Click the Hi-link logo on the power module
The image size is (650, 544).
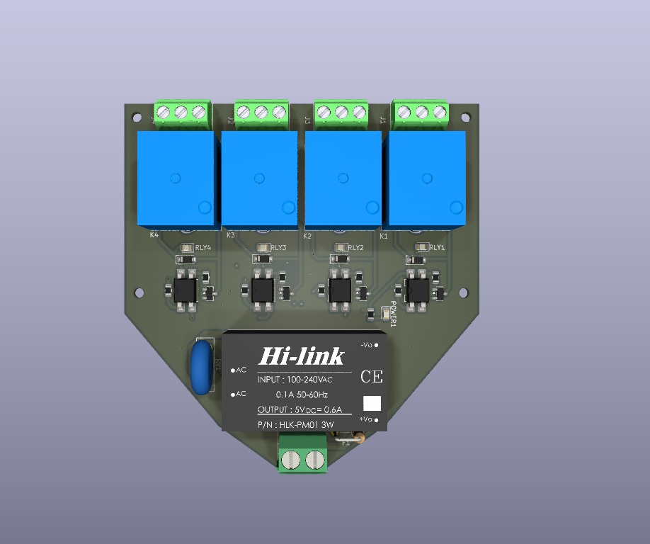click(302, 356)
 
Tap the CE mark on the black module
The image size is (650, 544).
click(372, 377)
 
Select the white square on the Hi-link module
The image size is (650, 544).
click(372, 403)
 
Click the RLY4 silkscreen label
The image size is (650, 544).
click(203, 248)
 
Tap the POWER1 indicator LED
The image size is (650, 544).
click(385, 312)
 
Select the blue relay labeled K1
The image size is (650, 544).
click(426, 180)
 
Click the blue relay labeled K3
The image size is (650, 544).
click(260, 180)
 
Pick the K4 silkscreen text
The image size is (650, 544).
click(154, 235)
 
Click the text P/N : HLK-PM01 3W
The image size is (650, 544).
click(296, 425)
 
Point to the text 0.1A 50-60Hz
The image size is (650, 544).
click(302, 395)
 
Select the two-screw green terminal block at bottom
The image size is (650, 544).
click(302, 454)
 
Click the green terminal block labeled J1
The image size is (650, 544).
click(422, 113)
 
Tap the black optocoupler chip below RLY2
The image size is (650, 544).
click(340, 290)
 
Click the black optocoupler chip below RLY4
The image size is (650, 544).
click(186, 290)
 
